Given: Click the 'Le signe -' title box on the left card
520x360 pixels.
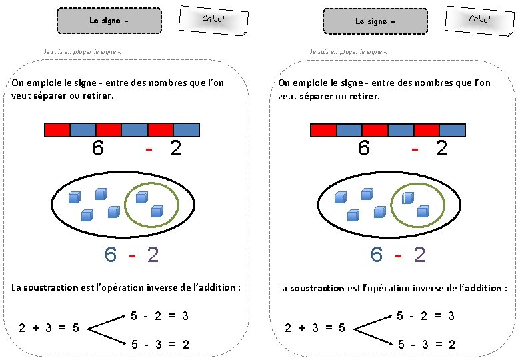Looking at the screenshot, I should (x=109, y=21).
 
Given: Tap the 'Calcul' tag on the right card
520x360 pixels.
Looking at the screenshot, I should (x=479, y=19).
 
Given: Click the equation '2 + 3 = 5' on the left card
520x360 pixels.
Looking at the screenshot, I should (x=49, y=327).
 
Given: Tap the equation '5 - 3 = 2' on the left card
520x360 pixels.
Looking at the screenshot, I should (x=159, y=345).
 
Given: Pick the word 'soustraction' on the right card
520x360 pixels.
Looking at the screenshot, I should (x=317, y=288).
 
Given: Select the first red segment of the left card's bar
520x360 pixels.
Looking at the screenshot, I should (x=57, y=130).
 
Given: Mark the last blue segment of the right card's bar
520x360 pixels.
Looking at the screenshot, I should (x=452, y=130).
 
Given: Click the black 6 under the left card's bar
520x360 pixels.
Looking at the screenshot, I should (x=97, y=148).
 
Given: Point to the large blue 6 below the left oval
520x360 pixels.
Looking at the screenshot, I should (x=111, y=255).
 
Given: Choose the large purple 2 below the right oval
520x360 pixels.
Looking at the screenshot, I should (x=419, y=255).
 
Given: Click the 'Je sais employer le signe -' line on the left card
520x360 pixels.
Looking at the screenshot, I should (x=81, y=52).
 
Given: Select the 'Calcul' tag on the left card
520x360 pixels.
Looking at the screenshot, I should (x=213, y=19).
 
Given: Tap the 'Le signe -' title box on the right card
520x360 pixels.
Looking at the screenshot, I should (x=375, y=21).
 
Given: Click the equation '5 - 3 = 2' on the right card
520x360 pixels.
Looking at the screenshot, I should (x=426, y=345).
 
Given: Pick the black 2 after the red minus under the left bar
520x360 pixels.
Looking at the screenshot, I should (x=175, y=148).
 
